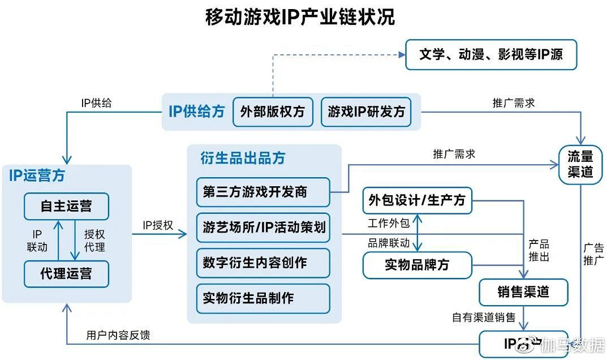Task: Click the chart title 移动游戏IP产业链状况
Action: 300,17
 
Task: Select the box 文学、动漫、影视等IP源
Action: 491,54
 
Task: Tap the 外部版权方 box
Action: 273,112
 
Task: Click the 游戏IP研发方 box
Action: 366,112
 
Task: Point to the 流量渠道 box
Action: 580,164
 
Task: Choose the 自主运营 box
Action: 66,206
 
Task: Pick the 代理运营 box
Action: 66,274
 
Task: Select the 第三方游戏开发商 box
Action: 263,192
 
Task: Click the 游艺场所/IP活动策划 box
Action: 264,228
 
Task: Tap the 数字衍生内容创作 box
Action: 263,263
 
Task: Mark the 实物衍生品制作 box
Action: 263,298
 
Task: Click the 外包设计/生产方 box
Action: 417,200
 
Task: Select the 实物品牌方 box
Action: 417,264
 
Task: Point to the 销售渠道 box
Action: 523,292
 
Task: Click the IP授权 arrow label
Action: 158,225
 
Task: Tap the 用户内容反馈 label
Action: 118,335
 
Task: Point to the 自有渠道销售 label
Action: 483,318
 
